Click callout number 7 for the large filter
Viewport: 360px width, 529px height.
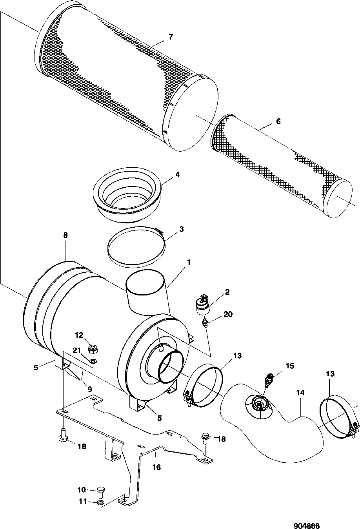171,37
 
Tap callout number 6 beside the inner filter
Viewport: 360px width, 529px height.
278,121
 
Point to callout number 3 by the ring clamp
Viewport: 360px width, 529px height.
181,229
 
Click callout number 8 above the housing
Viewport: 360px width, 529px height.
65,235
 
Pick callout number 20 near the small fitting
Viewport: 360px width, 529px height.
228,314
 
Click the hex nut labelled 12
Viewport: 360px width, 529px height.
93,349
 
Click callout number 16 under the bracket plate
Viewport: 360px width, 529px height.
157,467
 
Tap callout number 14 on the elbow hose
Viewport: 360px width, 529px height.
300,393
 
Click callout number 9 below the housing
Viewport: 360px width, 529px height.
90,389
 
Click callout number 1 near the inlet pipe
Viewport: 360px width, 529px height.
189,263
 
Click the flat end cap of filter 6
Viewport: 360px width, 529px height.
338,198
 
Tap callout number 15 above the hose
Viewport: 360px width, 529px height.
290,366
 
